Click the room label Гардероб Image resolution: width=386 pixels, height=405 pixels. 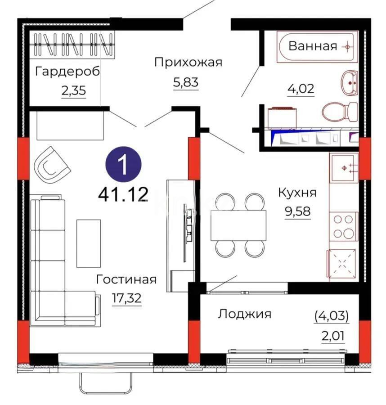(67, 72)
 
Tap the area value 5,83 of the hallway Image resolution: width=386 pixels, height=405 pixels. (185, 82)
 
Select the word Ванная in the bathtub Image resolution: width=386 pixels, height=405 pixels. (313, 46)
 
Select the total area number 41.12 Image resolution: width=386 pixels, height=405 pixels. (123, 194)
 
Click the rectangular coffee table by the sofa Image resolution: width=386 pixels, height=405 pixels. (88, 243)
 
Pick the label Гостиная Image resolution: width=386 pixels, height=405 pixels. (126, 279)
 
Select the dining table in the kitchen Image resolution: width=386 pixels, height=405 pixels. (238, 225)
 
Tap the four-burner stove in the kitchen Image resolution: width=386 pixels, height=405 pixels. (343, 227)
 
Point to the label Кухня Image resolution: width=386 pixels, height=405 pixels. (297, 193)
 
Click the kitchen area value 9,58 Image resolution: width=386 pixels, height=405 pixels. (297, 211)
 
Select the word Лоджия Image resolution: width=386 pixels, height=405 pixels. (244, 314)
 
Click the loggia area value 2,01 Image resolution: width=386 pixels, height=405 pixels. (331, 335)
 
